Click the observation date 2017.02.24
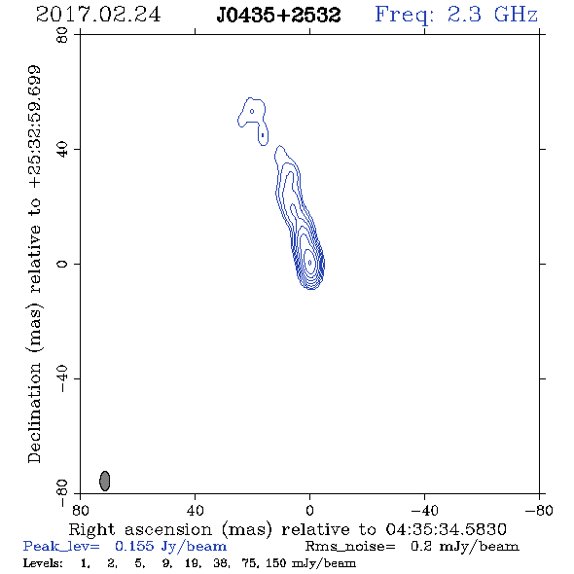[x=98, y=15]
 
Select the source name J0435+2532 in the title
[x=278, y=16]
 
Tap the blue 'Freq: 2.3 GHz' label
[x=456, y=16]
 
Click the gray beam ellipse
[x=105, y=481]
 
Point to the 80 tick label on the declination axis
[x=62, y=35]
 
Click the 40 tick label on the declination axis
[x=62, y=150]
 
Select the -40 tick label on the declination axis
[x=62, y=378]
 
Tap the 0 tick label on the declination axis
[x=62, y=264]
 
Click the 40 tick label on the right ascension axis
[x=195, y=511]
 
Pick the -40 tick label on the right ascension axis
[x=424, y=511]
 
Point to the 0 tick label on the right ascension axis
[x=309, y=511]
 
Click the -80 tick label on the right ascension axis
[x=539, y=511]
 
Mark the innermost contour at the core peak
[x=310, y=263]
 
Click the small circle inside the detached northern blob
[x=252, y=111]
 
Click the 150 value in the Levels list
[x=275, y=562]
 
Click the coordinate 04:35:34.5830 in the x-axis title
[x=446, y=529]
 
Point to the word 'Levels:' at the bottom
[x=43, y=562]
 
